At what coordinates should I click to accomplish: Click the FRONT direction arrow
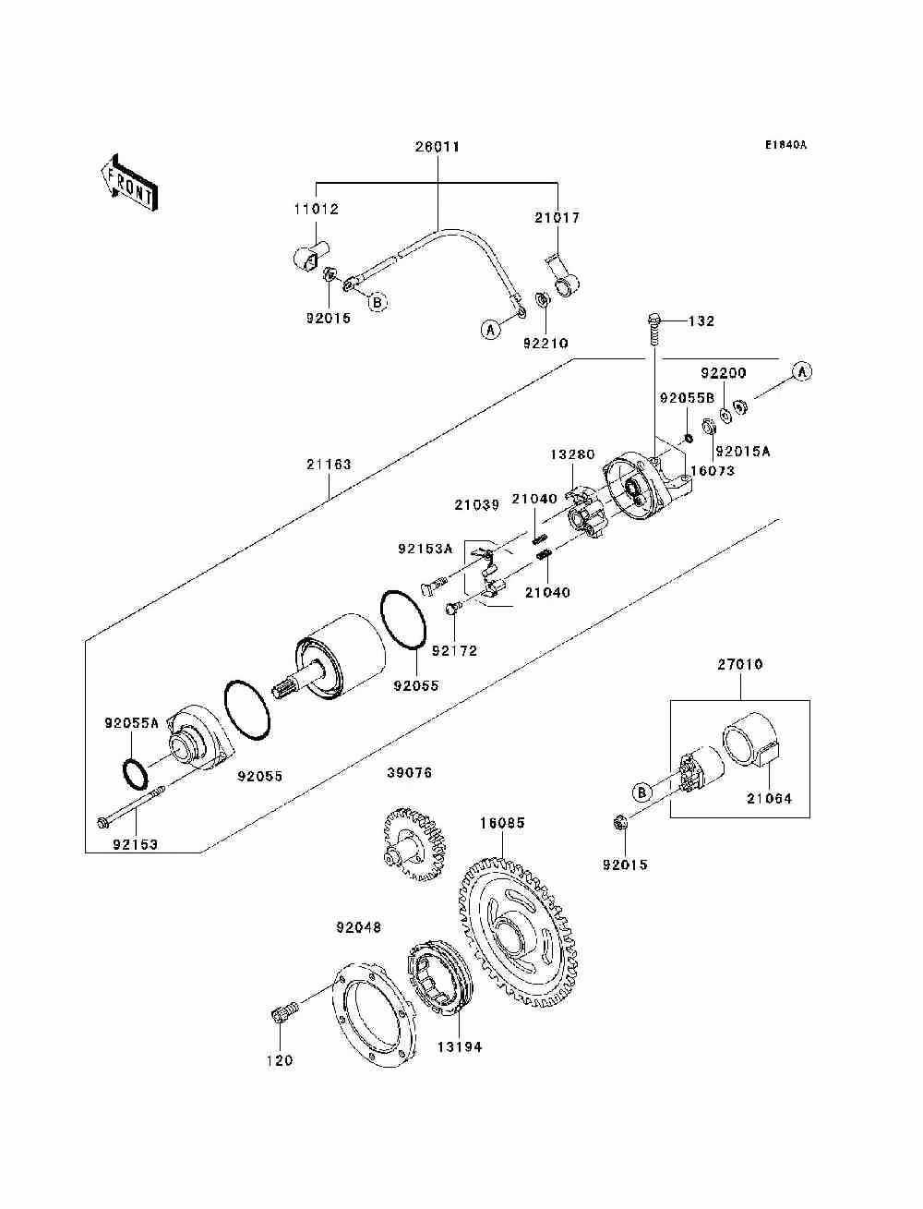(130, 182)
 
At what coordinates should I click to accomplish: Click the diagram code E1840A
(785, 145)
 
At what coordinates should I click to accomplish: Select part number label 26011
(438, 147)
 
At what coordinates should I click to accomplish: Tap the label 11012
(316, 210)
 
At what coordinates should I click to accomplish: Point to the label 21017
(557, 218)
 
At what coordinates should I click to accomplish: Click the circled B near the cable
(377, 302)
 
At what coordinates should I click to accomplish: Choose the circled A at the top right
(802, 372)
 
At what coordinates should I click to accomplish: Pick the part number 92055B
(687, 398)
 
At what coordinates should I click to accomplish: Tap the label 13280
(573, 455)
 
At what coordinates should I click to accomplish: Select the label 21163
(329, 465)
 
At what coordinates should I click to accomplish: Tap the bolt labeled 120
(284, 1011)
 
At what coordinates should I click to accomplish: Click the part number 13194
(460, 1046)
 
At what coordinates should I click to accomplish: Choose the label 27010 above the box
(739, 664)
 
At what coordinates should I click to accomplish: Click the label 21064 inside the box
(769, 798)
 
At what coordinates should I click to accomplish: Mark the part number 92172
(454, 651)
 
